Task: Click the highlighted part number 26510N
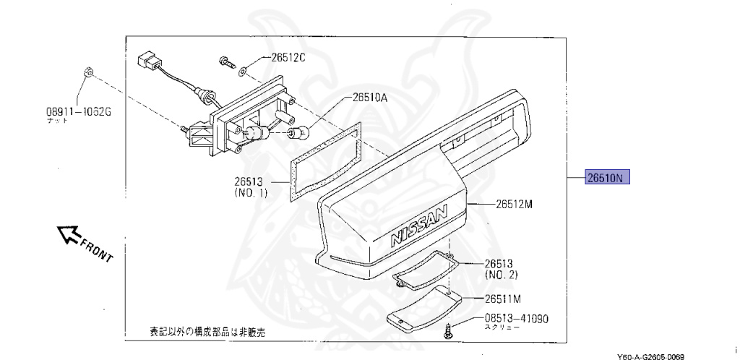pos(608,177)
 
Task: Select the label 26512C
pos(288,58)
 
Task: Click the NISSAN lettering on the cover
pos(419,226)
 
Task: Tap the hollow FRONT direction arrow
pos(69,233)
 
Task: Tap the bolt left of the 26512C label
pos(225,62)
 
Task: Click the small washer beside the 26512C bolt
pos(243,69)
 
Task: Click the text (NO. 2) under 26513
pos(500,275)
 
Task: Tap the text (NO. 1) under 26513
pos(251,193)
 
